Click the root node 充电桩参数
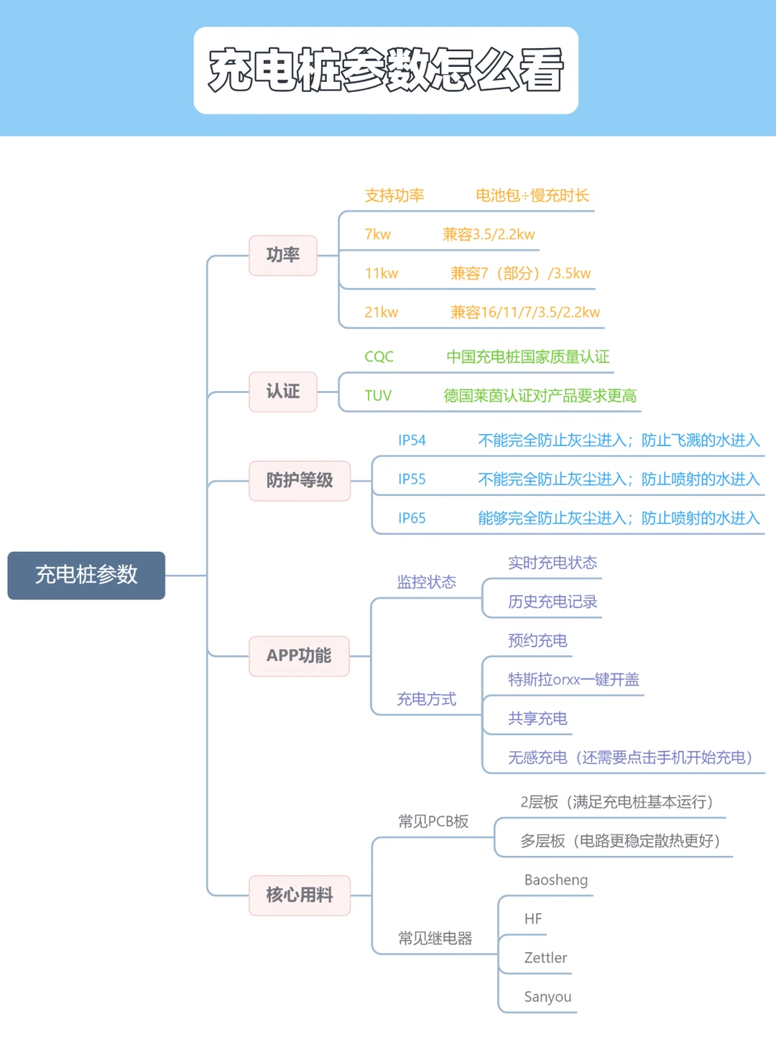86,575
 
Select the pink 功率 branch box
283,255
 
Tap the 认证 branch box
283,392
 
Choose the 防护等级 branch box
300,481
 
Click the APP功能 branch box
299,655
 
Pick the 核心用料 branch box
300,895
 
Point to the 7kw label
377,234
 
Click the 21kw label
381,313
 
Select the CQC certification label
379,356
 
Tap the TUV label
378,395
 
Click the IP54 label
412,441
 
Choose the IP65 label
412,518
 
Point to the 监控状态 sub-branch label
427,582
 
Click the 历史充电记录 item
553,602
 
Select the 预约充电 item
537,640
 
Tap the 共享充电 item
537,719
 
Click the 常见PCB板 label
433,821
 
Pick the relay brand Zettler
545,958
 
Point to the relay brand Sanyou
548,997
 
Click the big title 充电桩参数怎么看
386,70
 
